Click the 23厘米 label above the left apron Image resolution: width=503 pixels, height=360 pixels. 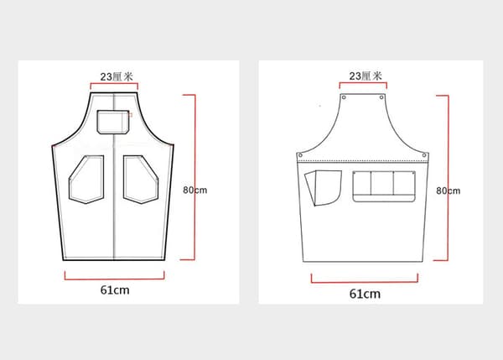(x=117, y=76)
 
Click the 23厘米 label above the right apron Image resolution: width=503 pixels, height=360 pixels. (x=366, y=76)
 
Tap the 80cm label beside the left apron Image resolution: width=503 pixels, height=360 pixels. (x=195, y=190)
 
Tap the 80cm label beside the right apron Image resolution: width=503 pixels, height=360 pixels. (x=449, y=190)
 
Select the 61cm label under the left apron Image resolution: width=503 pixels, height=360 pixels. (x=115, y=290)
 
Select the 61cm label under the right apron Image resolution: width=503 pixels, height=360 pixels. (x=365, y=294)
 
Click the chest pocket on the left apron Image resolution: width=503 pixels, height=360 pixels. (x=113, y=122)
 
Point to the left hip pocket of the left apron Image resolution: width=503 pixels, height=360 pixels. (x=86, y=180)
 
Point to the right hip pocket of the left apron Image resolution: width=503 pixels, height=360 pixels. (x=141, y=180)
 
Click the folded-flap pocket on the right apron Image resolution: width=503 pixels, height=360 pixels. (x=323, y=188)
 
